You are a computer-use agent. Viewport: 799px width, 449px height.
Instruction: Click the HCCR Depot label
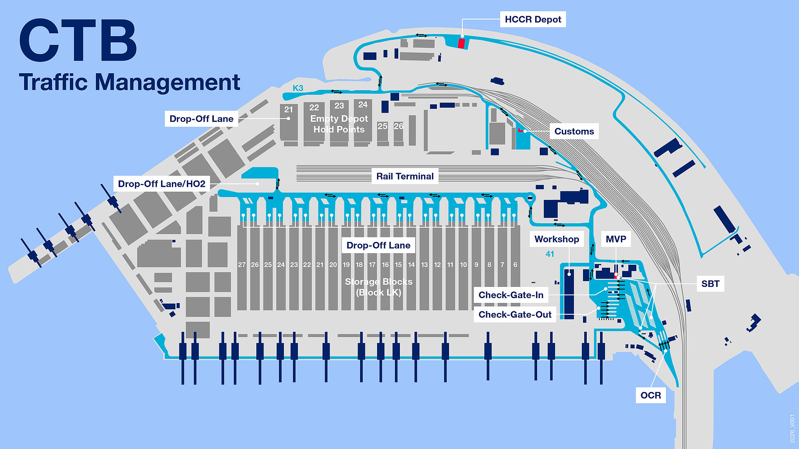tap(533, 20)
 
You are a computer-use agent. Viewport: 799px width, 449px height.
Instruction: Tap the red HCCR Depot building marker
tap(461, 43)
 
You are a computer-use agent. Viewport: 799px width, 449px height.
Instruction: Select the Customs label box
tap(574, 131)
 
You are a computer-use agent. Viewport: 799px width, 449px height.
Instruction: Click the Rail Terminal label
tap(405, 176)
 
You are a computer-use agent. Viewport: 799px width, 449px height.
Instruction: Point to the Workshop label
tap(556, 239)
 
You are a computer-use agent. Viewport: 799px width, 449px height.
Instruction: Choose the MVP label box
tap(616, 239)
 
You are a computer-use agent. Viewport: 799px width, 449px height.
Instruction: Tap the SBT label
tap(710, 284)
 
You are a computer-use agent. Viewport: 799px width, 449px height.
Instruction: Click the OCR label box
tap(650, 395)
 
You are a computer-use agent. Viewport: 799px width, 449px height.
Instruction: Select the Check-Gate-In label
tap(511, 295)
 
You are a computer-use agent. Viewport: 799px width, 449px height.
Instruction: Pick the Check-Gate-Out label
tap(515, 314)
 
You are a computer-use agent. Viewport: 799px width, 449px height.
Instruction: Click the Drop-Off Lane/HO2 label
tap(161, 184)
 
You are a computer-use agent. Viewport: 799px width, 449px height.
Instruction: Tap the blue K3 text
tap(298, 88)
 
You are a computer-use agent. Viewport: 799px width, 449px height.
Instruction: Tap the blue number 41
tap(550, 254)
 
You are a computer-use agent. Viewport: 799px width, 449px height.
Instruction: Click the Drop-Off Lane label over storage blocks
tap(378, 245)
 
